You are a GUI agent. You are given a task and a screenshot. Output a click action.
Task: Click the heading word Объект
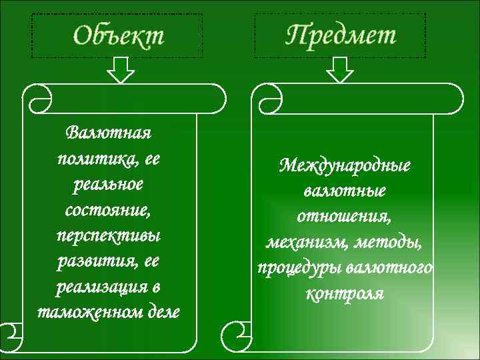117,35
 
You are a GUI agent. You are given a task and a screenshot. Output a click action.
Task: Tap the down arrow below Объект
121,69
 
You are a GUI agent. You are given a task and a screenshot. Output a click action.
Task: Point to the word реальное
109,185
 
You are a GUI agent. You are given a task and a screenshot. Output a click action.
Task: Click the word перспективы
109,236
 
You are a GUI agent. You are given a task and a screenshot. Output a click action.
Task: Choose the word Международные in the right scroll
345,165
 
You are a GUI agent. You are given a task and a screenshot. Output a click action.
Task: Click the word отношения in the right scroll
344,216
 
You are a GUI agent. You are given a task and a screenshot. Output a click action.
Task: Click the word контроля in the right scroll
344,293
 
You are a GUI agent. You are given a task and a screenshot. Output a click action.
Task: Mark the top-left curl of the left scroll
37,97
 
